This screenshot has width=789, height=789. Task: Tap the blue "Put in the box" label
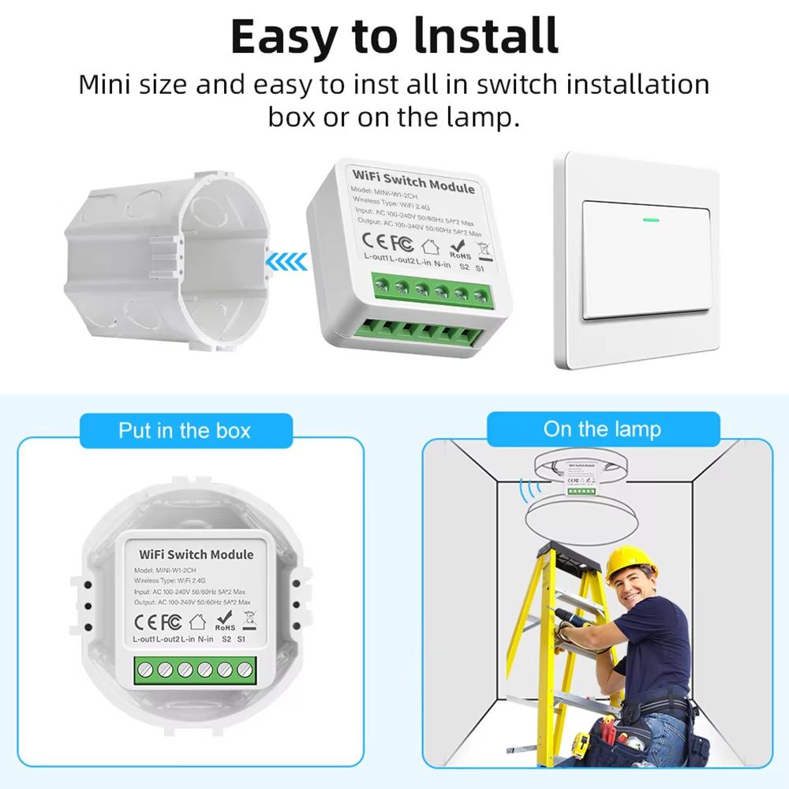(x=185, y=430)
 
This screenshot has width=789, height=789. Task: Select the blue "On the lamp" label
(x=602, y=429)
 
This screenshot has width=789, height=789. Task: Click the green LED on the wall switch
(x=651, y=219)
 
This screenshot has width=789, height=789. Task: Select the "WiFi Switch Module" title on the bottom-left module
(x=196, y=555)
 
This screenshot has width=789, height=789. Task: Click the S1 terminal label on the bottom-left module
(x=241, y=638)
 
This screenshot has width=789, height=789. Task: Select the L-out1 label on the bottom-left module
(x=144, y=638)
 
